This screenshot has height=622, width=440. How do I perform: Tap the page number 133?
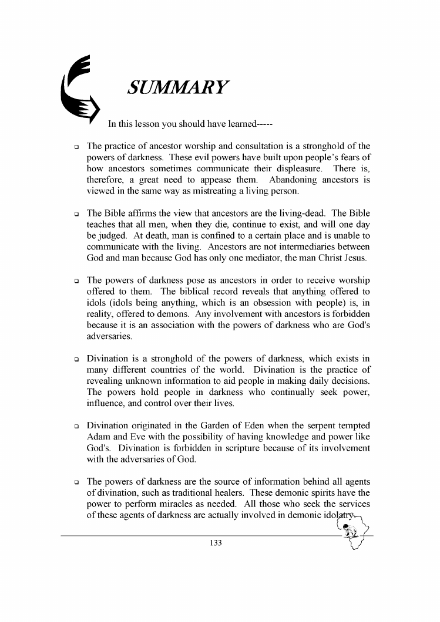(x=216, y=543)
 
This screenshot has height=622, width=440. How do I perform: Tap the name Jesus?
(x=358, y=258)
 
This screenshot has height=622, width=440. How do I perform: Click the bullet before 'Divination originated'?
(x=76, y=425)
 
